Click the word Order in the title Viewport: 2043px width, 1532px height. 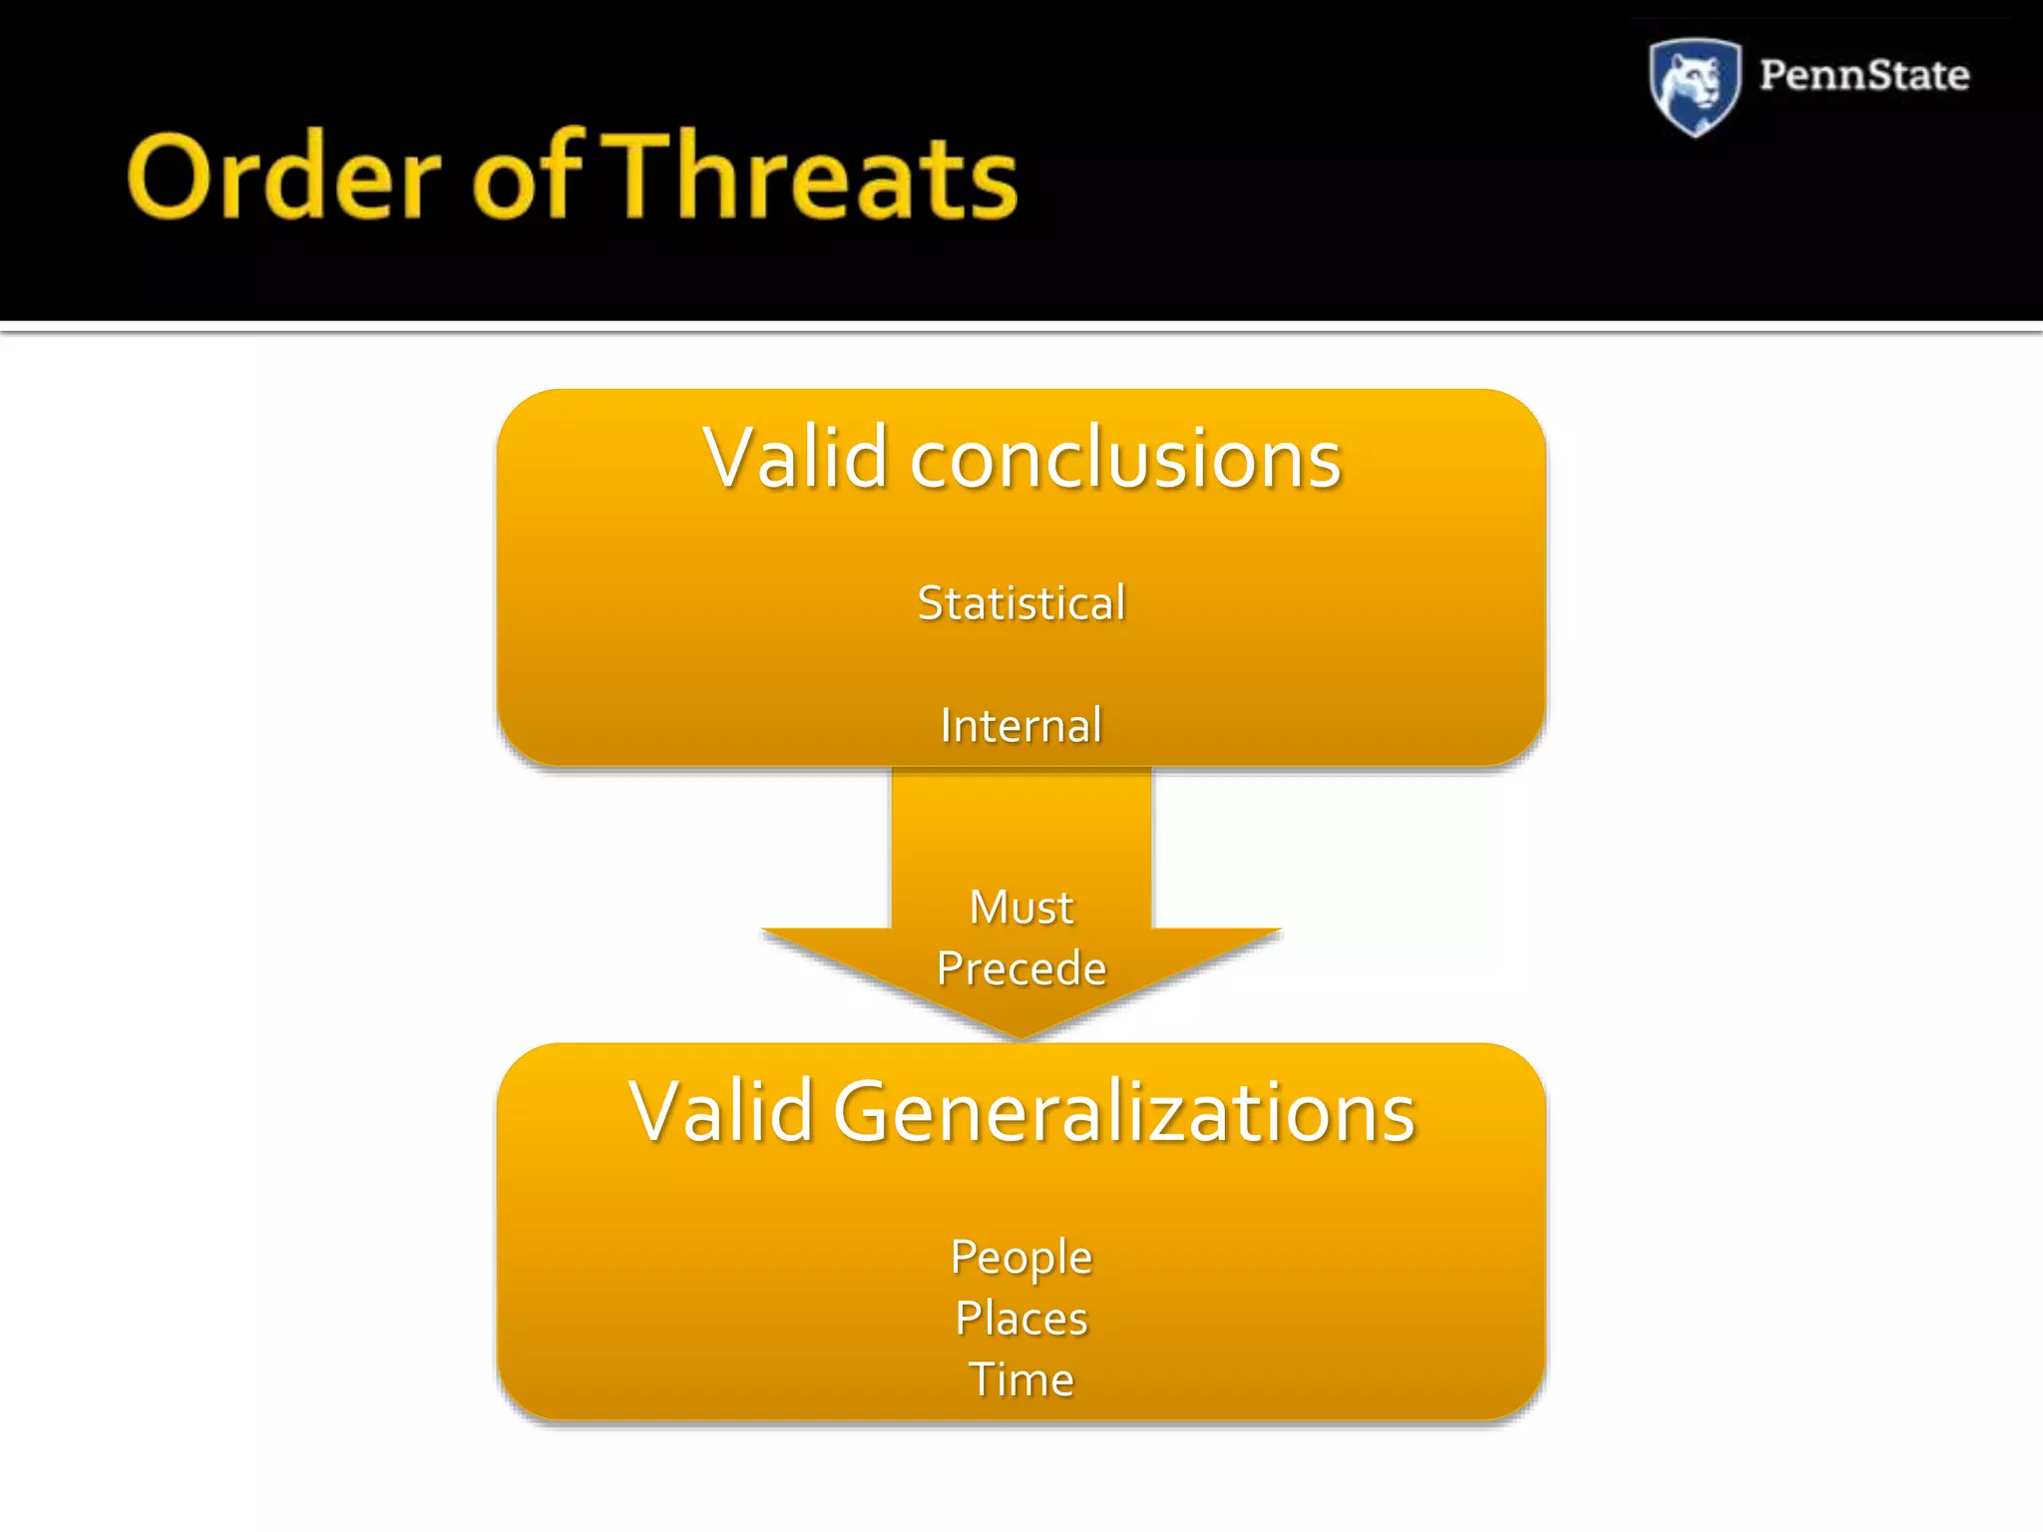[283, 178]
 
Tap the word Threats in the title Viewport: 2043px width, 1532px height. [813, 178]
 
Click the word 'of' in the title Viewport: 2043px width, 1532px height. [526, 178]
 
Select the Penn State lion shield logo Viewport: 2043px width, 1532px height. [1694, 86]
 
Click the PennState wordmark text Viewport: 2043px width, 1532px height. [1863, 76]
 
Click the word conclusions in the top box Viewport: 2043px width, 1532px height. [1125, 461]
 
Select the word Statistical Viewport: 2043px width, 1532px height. [1021, 603]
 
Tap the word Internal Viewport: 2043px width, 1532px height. [1021, 725]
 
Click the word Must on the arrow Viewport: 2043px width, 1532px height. [1021, 908]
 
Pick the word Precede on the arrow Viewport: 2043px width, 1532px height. [1021, 968]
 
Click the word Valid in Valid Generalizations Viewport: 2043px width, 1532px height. [721, 1111]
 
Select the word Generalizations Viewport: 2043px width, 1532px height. [1124, 1113]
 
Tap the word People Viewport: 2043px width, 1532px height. [1021, 1258]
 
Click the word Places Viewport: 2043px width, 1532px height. [1021, 1319]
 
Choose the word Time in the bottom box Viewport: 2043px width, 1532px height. [1021, 1380]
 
